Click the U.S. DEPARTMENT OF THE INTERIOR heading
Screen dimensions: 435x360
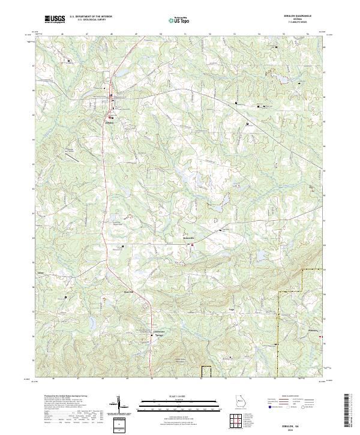tap(91, 16)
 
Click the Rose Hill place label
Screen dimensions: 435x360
tap(127, 293)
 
